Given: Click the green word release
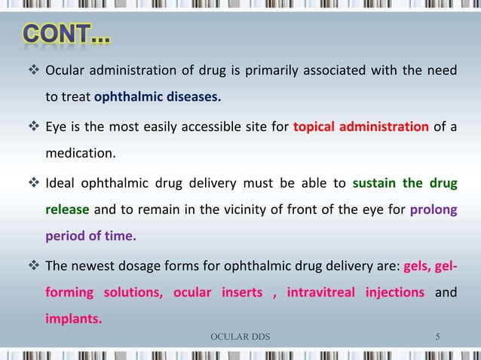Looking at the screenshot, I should click(x=68, y=209).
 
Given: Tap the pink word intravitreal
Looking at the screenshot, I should click(x=320, y=291).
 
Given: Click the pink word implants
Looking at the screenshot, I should click(x=75, y=318).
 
